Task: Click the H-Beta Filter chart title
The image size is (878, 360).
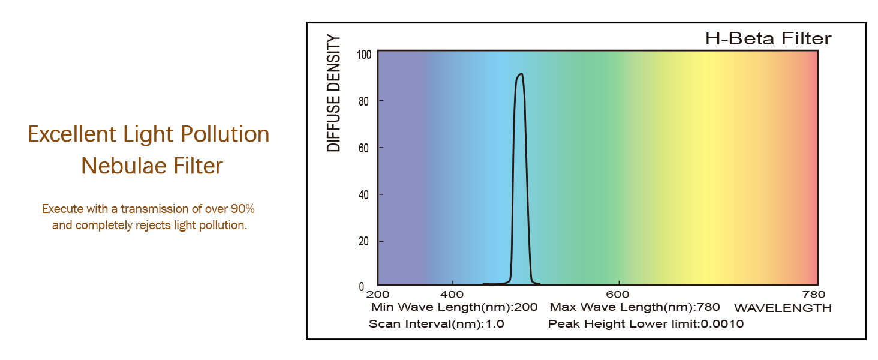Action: (x=768, y=39)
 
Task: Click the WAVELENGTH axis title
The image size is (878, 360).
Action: (x=783, y=308)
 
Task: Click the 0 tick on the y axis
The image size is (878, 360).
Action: (x=362, y=287)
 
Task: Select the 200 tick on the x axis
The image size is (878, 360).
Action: (x=378, y=295)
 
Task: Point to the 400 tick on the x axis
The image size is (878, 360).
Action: (x=452, y=295)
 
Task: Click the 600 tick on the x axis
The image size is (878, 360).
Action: (x=618, y=295)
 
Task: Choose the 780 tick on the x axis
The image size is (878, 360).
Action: (x=813, y=295)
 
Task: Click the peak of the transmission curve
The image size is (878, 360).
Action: (x=521, y=74)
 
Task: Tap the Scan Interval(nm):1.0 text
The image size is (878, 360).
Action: (x=436, y=325)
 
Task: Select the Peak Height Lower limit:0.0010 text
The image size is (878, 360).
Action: (x=645, y=325)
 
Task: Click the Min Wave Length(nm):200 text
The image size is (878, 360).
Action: (x=454, y=308)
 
